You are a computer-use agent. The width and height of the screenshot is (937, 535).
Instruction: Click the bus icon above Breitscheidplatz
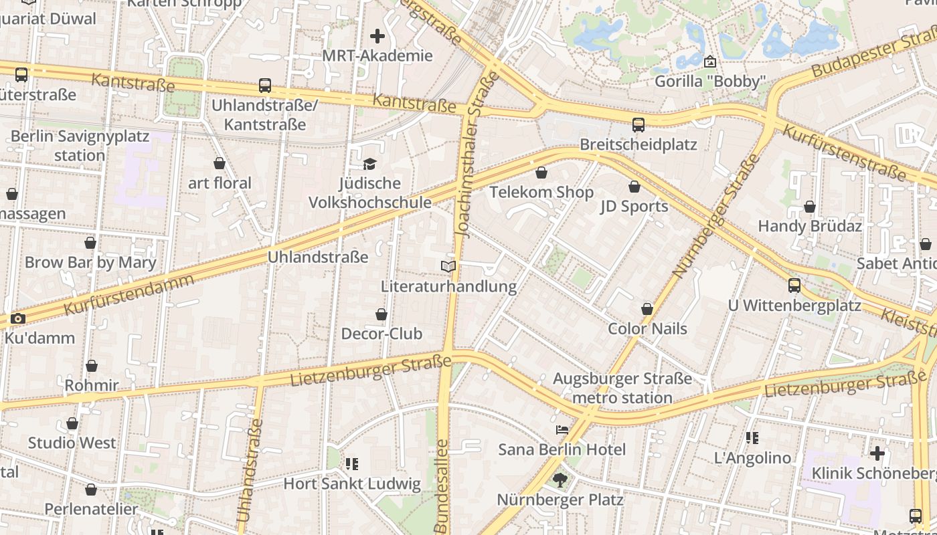coord(638,124)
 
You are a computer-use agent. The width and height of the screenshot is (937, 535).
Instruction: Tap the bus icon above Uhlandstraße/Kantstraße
coord(265,86)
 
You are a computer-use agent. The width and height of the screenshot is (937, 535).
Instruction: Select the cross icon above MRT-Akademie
coord(377,36)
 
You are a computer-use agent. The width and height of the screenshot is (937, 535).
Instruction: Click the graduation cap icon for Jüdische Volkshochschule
coord(369,164)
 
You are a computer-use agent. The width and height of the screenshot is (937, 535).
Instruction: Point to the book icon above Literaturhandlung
coord(448,267)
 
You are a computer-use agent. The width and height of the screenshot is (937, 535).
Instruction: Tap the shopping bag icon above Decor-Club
coord(381,314)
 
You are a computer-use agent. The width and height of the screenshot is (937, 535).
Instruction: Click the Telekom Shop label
coord(541,193)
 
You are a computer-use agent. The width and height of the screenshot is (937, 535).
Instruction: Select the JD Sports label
coord(634,206)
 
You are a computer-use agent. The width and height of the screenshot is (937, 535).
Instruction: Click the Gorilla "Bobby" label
coord(710,82)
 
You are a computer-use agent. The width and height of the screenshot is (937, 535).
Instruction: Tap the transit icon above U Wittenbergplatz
coord(794,286)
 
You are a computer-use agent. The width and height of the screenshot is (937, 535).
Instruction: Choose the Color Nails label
coord(647,329)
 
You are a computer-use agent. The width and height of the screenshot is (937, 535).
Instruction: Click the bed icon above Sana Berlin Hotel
coord(562,430)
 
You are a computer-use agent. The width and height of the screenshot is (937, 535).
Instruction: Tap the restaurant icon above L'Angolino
coord(752,438)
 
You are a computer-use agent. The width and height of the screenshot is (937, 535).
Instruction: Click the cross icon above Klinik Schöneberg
coord(877,453)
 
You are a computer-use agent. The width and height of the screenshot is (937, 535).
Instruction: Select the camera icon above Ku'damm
coord(18,318)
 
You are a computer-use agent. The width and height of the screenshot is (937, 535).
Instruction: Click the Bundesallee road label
coord(441,485)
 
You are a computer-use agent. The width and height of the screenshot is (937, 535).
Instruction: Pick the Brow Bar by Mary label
coord(90,262)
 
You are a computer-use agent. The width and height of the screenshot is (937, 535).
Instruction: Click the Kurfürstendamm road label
coord(129,295)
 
